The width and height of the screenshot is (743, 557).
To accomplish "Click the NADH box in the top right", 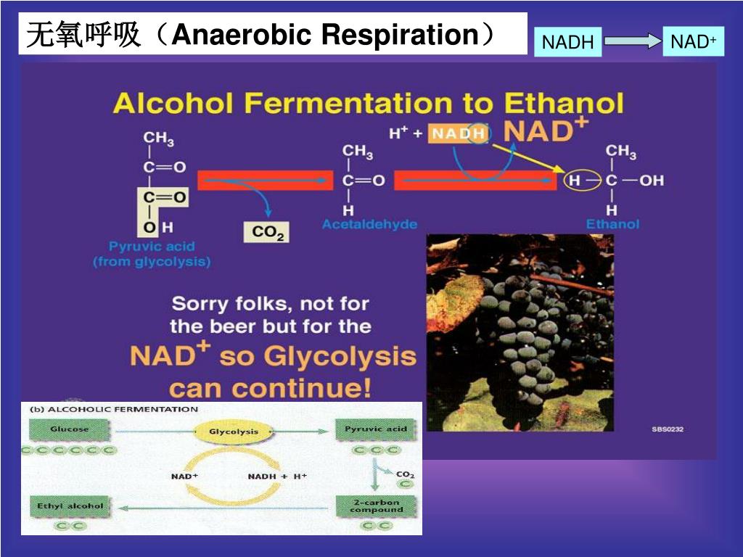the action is (x=567, y=42).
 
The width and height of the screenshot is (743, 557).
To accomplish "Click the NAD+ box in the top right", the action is (x=693, y=42).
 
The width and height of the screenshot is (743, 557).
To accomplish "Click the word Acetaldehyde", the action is (x=369, y=224).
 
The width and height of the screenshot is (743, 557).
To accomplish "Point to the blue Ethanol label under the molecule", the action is (x=612, y=224).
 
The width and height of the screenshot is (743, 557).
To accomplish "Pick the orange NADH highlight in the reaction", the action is (x=458, y=134).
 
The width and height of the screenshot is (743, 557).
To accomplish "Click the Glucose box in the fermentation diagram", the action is (x=70, y=429).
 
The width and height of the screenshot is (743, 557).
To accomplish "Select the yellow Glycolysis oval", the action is (x=234, y=432).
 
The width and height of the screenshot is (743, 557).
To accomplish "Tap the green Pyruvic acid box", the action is (x=375, y=429).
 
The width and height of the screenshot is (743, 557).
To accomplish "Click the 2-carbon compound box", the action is (x=376, y=506).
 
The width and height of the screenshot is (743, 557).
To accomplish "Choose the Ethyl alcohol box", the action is (x=70, y=506).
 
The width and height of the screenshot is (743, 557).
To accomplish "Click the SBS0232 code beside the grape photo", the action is (x=668, y=429).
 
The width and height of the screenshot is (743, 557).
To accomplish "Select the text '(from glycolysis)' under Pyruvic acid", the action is (x=152, y=261).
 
